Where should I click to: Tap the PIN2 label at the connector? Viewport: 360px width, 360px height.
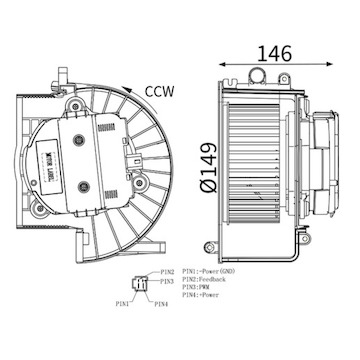(x=166, y=271)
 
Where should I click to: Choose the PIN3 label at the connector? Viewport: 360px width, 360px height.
(x=166, y=281)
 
